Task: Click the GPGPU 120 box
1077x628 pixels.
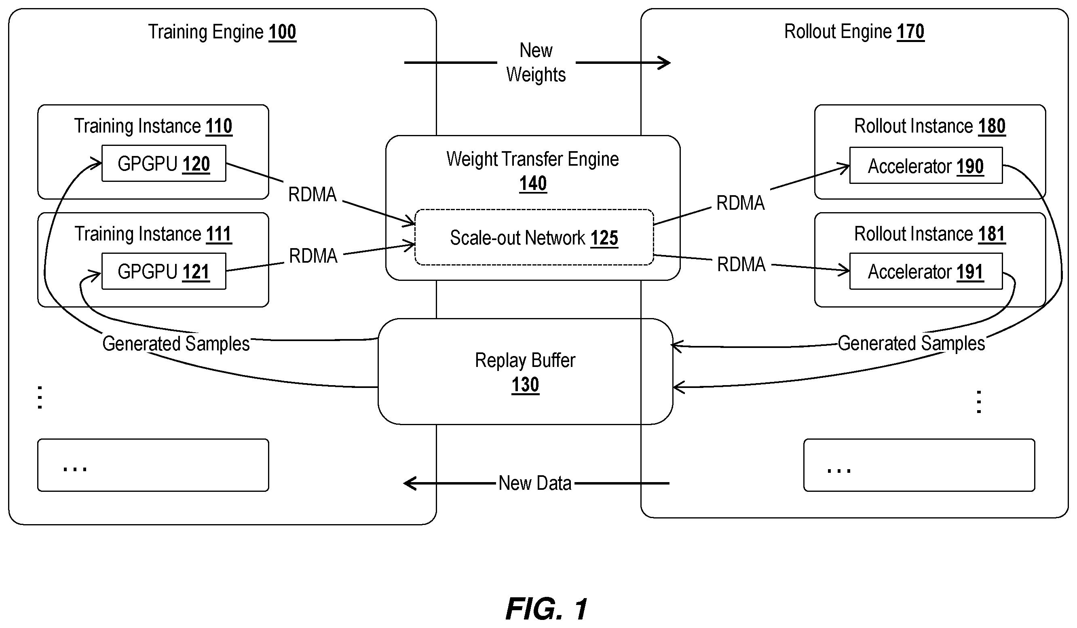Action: pyautogui.click(x=164, y=164)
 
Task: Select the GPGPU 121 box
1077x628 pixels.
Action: pyautogui.click(x=164, y=271)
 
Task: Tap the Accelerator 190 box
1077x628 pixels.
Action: pyautogui.click(x=926, y=165)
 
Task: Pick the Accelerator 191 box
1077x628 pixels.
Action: pyautogui.click(x=926, y=271)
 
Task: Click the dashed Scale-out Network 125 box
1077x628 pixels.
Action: pyautogui.click(x=534, y=237)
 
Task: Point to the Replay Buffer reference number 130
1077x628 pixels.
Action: pyautogui.click(x=525, y=384)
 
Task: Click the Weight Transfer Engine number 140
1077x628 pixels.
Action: pyautogui.click(x=533, y=183)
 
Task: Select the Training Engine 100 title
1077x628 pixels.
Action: pyautogui.click(x=222, y=32)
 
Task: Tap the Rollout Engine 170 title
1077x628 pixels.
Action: pyautogui.click(x=854, y=32)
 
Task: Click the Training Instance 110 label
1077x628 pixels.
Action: pyautogui.click(x=153, y=126)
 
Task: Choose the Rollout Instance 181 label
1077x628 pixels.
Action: pyautogui.click(x=930, y=234)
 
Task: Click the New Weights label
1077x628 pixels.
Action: pyautogui.click(x=536, y=62)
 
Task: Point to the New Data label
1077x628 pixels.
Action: pyautogui.click(x=535, y=483)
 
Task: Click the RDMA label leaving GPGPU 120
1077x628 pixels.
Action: pyautogui.click(x=313, y=194)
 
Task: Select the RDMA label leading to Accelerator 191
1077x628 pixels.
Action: pyautogui.click(x=741, y=264)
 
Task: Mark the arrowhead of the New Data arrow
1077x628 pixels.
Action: pyautogui.click(x=405, y=483)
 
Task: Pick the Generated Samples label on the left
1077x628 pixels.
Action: pyautogui.click(x=176, y=344)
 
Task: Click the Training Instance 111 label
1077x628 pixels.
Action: pyautogui.click(x=153, y=234)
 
